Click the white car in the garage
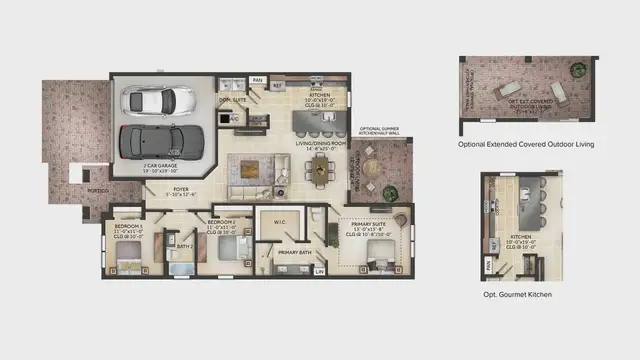[159, 100]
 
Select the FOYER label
[181, 190]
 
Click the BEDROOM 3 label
[127, 219]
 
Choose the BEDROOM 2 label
[222, 224]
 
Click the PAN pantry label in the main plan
[257, 81]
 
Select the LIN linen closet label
[319, 270]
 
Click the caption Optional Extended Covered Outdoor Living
[526, 145]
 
